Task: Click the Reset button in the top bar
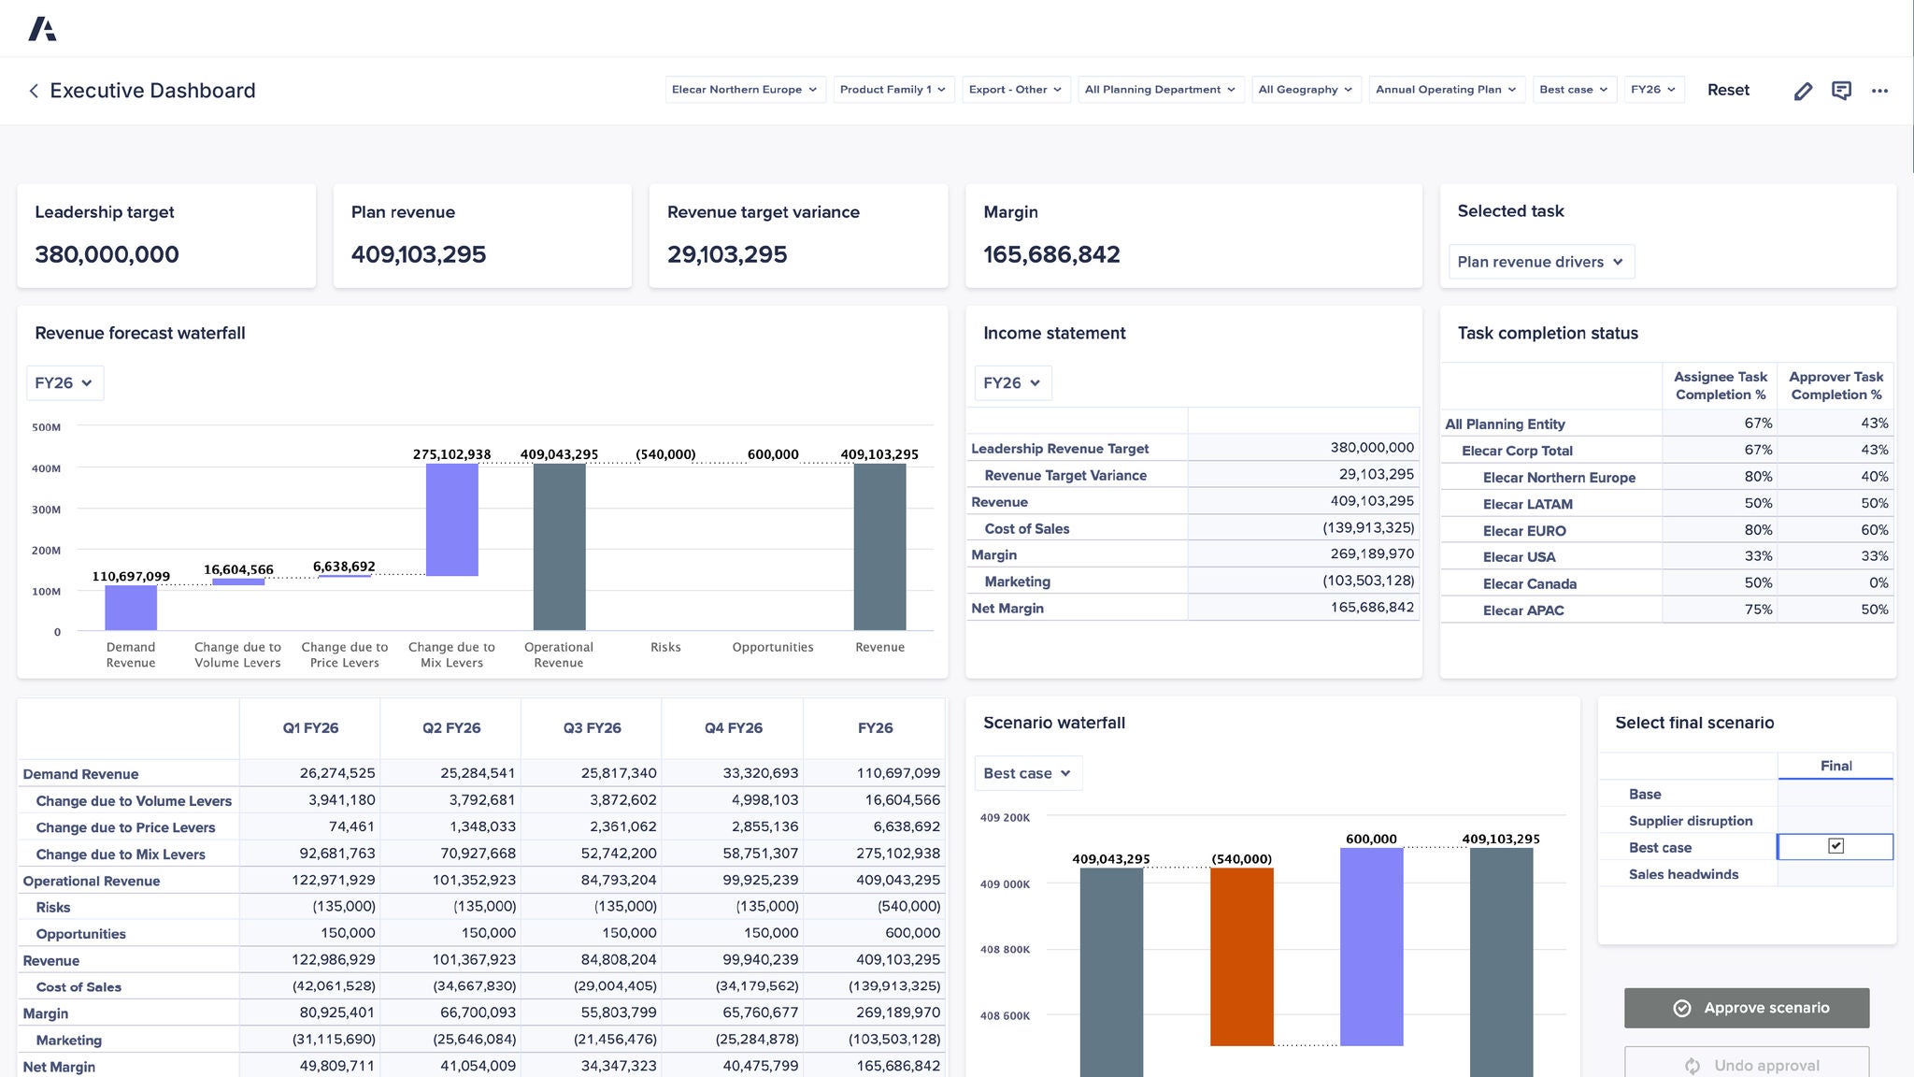(x=1728, y=90)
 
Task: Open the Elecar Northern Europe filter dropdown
(x=745, y=90)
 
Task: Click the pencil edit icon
(x=1803, y=91)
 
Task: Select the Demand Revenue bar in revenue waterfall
(x=131, y=607)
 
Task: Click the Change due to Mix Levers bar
(x=451, y=520)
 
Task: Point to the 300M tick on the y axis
(x=47, y=510)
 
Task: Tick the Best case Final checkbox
(x=1835, y=846)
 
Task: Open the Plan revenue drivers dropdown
(x=1540, y=262)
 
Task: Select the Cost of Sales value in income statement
(x=1367, y=528)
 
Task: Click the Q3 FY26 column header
(x=592, y=727)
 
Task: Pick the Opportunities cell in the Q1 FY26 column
(x=348, y=933)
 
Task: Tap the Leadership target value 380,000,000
(x=107, y=254)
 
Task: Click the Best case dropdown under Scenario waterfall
(x=1027, y=773)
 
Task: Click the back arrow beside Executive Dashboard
(x=34, y=91)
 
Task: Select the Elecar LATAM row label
(x=1527, y=504)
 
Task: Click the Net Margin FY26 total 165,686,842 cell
(x=898, y=1066)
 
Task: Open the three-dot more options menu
(x=1879, y=91)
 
